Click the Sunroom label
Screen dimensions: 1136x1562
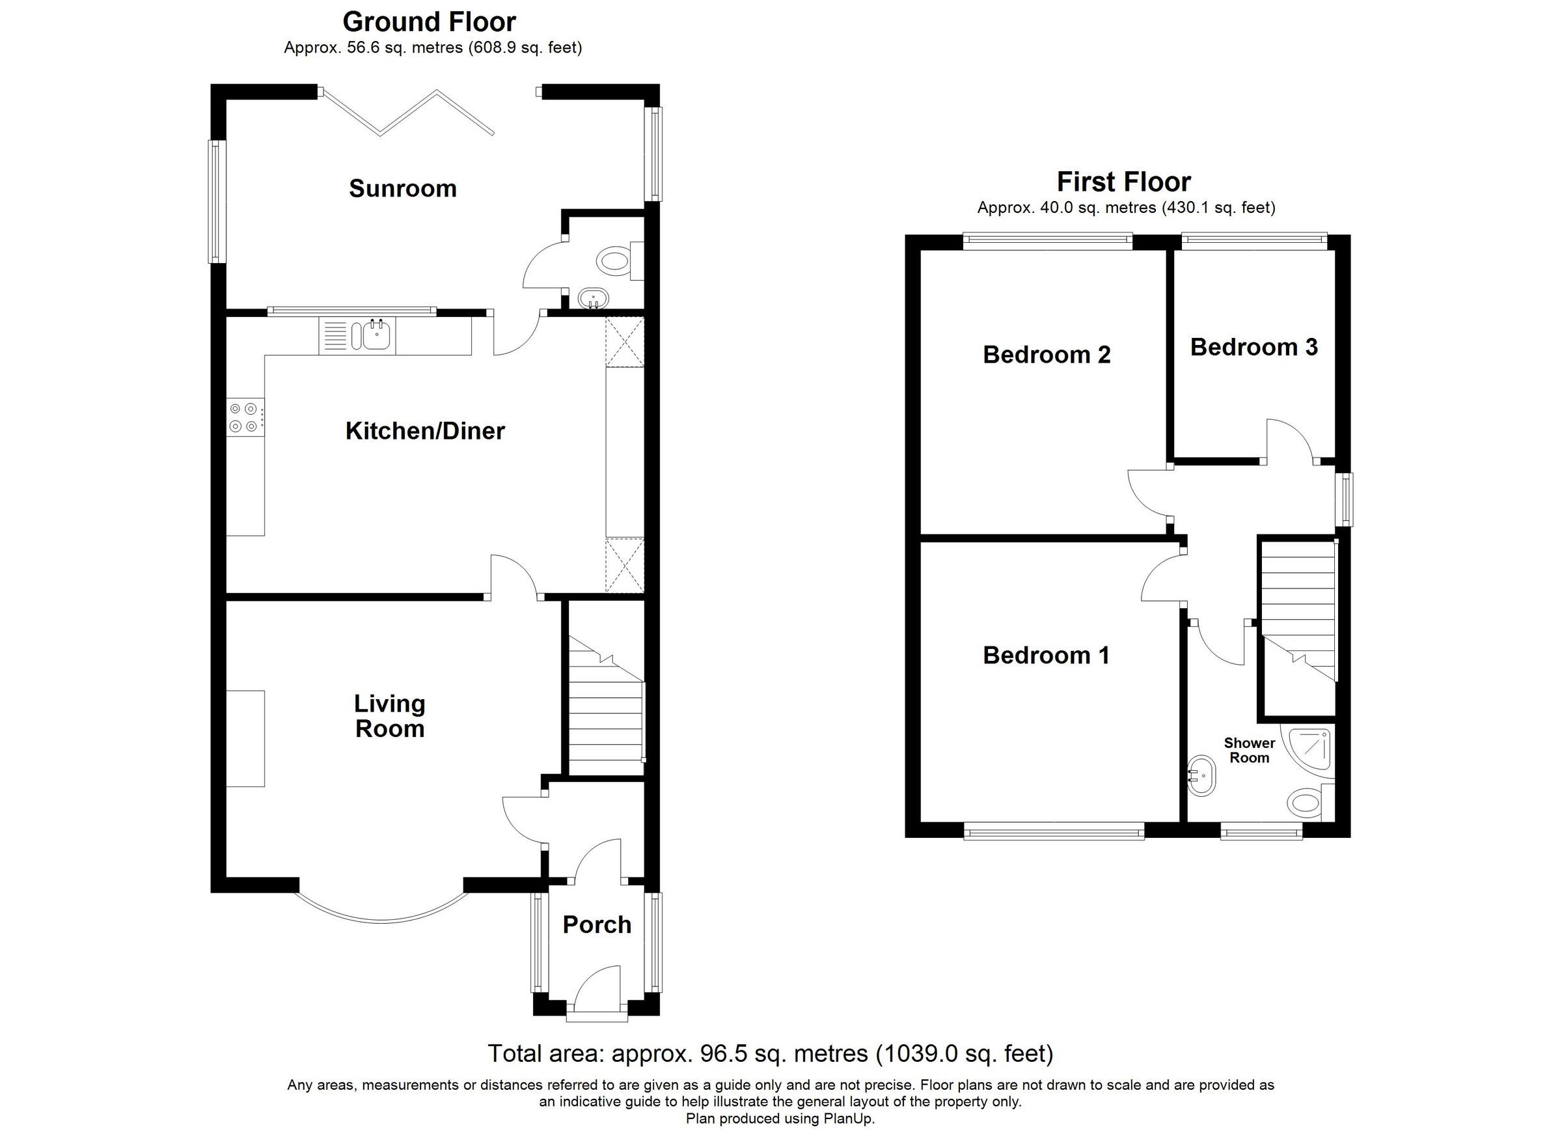(403, 188)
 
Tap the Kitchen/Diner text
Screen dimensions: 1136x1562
(425, 431)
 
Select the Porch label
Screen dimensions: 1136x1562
(596, 924)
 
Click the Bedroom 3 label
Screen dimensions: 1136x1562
(1254, 346)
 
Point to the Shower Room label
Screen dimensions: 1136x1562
(1250, 750)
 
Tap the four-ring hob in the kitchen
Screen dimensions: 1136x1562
(245, 417)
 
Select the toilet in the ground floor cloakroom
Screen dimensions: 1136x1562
(615, 261)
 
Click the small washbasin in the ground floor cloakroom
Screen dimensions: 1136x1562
(592, 299)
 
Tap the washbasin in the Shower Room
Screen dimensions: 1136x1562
(1202, 776)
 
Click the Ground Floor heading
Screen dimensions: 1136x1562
(428, 22)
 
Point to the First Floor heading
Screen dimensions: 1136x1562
(1123, 182)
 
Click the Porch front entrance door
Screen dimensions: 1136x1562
(596, 993)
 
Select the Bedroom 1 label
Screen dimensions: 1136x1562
(1045, 655)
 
